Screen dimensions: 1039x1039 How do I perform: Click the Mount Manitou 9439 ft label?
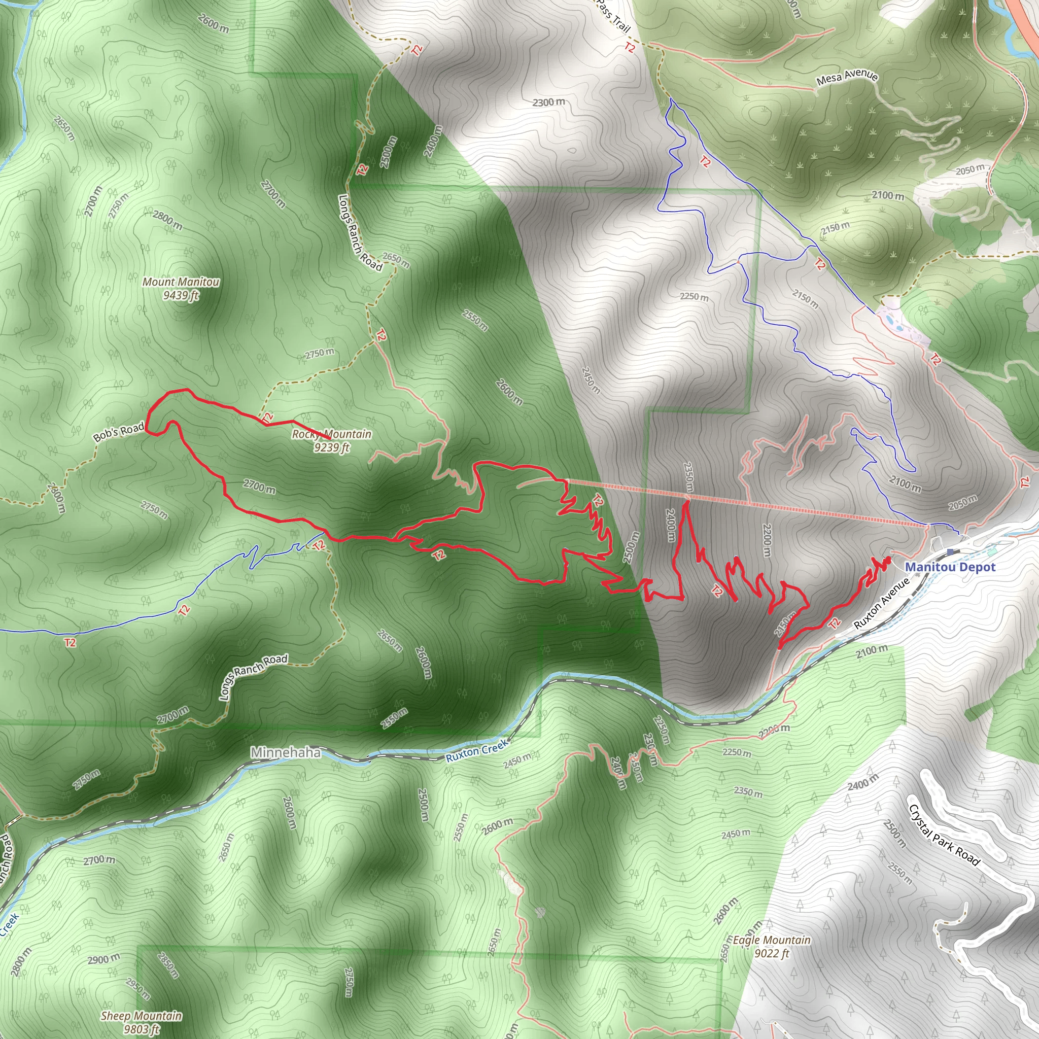(181, 288)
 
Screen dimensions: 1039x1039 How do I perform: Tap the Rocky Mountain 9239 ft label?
(332, 440)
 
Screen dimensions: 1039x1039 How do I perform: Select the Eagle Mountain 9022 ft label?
(772, 947)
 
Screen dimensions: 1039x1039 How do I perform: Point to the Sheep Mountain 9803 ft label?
(141, 1022)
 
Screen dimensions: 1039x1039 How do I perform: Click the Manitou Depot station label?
(950, 567)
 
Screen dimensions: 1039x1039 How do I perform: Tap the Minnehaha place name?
(285, 752)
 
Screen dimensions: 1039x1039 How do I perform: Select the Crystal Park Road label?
(944, 835)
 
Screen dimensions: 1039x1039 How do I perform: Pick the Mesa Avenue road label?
(847, 78)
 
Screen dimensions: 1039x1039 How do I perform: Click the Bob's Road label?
(119, 432)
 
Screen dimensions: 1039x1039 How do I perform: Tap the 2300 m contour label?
(548, 101)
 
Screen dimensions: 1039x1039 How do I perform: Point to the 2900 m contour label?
(105, 959)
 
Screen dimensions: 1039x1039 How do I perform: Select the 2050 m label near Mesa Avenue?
(970, 170)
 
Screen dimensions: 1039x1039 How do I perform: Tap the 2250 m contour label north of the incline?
(694, 296)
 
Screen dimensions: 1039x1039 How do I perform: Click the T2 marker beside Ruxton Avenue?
(834, 624)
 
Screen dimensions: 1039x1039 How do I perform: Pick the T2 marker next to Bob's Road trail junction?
(267, 417)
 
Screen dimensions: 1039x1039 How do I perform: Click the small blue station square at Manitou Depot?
(951, 552)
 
